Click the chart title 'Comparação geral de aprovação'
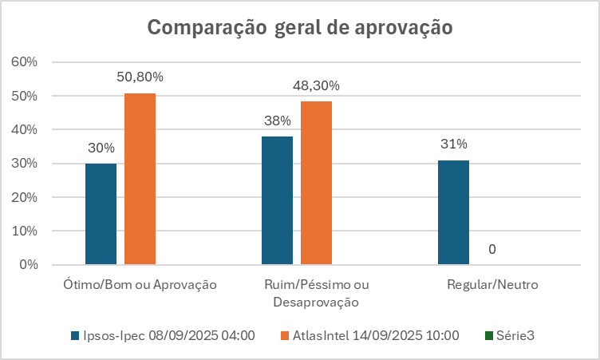(300, 27)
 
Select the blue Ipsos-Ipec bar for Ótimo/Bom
(101, 213)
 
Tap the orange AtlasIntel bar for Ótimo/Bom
(140, 179)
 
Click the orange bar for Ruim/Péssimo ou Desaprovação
(316, 183)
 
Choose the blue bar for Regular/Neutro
(453, 212)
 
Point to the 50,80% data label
(140, 77)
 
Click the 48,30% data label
(316, 85)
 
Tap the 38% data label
(278, 121)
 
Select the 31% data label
(453, 144)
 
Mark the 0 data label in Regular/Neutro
(492, 249)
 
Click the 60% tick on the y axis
(22, 62)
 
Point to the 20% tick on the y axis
(22, 197)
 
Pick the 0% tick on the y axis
(26, 264)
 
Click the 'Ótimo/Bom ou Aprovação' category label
(140, 284)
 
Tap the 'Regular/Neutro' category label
(492, 284)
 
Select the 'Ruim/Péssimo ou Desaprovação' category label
(316, 293)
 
